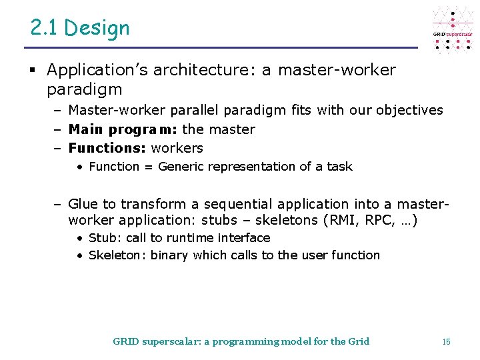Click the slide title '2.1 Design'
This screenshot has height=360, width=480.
click(x=80, y=27)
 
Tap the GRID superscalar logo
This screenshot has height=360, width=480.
click(x=453, y=30)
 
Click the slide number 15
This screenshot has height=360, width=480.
click(x=446, y=341)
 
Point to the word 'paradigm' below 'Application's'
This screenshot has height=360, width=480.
click(x=85, y=89)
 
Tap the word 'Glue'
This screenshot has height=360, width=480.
click(x=83, y=203)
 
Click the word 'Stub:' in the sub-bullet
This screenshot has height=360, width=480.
click(x=103, y=237)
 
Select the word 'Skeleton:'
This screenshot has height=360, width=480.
click(x=117, y=255)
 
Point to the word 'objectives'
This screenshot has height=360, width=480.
click(x=409, y=110)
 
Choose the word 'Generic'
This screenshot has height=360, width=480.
click(x=181, y=166)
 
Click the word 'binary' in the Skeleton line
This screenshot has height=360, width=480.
click(x=169, y=255)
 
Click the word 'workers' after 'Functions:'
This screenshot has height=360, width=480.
click(x=177, y=147)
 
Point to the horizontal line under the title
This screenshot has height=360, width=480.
click(x=220, y=48)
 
